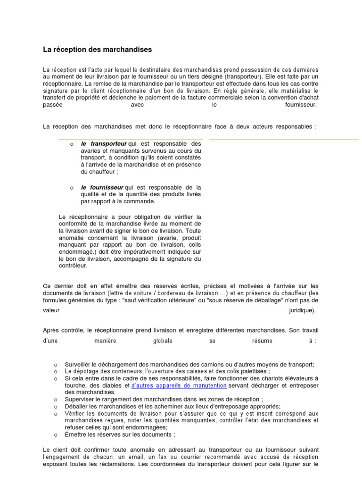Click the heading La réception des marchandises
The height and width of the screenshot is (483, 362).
(98, 49)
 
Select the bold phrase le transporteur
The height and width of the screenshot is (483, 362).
(104, 143)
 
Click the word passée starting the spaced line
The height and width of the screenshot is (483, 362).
(52, 105)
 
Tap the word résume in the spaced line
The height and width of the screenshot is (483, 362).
(260, 341)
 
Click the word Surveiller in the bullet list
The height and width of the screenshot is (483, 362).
(79, 365)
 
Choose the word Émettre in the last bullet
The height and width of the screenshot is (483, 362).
(77, 434)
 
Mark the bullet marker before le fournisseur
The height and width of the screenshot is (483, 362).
(71, 188)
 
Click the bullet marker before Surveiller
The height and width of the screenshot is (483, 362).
(55, 365)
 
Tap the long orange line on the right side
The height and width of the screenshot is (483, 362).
(283, 140)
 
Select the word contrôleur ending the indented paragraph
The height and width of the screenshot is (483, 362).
(74, 266)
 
